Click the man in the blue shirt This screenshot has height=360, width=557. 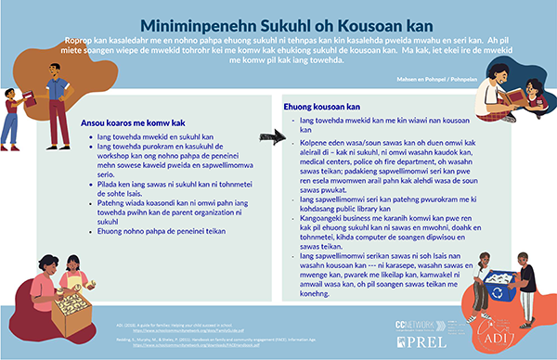click(x=57, y=93)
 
